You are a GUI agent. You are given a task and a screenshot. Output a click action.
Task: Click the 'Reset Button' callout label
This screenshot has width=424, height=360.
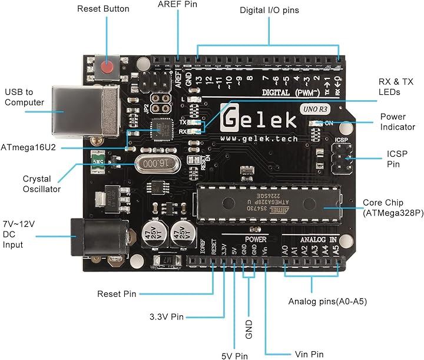pyautogui.click(x=103, y=9)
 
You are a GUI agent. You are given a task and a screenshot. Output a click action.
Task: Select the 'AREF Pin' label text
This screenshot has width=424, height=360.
pyautogui.click(x=177, y=5)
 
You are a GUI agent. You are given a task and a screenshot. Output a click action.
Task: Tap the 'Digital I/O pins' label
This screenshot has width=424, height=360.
pyautogui.click(x=269, y=11)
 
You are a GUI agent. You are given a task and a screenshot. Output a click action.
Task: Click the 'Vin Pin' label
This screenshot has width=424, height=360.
pyautogui.click(x=309, y=354)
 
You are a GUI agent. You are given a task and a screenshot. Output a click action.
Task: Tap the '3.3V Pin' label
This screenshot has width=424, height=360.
pyautogui.click(x=167, y=317)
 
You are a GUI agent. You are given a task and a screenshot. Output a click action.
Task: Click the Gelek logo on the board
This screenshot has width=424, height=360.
pyautogui.click(x=259, y=120)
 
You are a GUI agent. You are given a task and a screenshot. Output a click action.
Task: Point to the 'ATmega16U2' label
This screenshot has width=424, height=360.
pyautogui.click(x=29, y=147)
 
